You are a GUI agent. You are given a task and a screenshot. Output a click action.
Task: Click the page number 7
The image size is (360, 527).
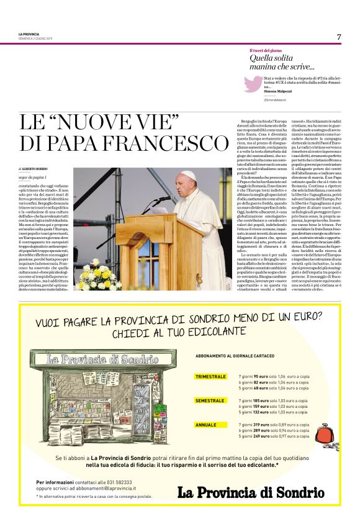click(x=339, y=37)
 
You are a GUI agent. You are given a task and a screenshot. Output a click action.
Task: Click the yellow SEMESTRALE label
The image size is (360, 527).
click(x=210, y=401)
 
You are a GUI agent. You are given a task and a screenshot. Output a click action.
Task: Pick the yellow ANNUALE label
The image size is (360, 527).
click(x=206, y=425)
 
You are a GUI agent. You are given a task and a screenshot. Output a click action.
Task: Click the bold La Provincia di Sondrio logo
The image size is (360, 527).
click(x=250, y=493)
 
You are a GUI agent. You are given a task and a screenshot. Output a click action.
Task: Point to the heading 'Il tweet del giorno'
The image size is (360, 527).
click(x=266, y=50)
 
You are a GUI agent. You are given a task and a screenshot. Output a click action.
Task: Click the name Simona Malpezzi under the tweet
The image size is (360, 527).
click(x=276, y=90)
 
